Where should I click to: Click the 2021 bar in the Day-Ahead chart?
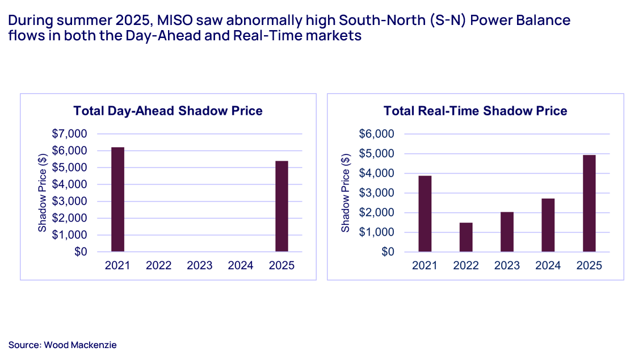tap(117, 199)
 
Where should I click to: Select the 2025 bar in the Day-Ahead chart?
tap(282, 206)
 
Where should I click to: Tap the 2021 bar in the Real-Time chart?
tap(425, 214)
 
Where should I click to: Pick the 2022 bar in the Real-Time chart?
tap(466, 237)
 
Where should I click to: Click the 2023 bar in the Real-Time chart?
tap(507, 232)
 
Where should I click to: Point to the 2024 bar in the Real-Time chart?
tap(548, 225)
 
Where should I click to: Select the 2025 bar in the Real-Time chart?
tap(589, 203)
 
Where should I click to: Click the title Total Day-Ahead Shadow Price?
tap(167, 111)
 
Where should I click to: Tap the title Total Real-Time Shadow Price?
tap(475, 111)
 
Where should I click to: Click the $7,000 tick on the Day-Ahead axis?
tap(71, 134)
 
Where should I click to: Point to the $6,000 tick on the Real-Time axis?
tap(376, 134)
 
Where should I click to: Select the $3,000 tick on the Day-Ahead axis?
tap(71, 201)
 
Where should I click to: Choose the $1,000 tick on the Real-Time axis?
tap(376, 232)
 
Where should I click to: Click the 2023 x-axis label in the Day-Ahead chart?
tap(200, 266)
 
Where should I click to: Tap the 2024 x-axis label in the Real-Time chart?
tap(548, 266)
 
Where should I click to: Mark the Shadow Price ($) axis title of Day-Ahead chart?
tap(43, 193)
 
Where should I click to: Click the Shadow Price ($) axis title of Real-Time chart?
tap(346, 193)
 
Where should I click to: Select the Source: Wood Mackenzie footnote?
tap(62, 345)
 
